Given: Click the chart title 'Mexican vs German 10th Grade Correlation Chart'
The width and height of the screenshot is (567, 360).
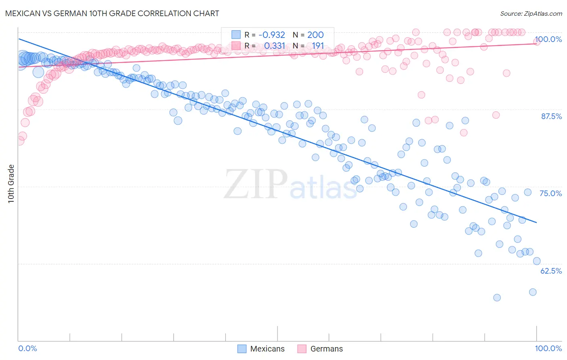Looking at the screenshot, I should click(112, 13).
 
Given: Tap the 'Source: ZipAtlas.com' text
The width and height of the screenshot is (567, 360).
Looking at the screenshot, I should click(531, 13).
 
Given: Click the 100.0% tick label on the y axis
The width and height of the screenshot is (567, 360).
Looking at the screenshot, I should click(548, 39).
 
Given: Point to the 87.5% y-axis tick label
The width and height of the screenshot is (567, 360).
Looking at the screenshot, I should click(551, 116).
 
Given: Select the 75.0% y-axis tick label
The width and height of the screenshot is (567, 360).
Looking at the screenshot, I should click(550, 193).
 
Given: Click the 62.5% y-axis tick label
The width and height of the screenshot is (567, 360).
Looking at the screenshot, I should click(551, 271).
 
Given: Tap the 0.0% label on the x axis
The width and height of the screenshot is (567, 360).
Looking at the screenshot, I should click(27, 348).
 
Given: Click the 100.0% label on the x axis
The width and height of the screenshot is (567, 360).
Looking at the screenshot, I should click(548, 348).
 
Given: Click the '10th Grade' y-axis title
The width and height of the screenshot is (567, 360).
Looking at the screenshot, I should click(11, 184).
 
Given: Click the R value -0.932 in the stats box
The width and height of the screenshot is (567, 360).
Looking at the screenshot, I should click(271, 35).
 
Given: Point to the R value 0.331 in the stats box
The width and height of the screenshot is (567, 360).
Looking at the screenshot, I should click(274, 46).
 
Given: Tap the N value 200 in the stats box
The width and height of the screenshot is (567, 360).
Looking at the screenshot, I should click(315, 35).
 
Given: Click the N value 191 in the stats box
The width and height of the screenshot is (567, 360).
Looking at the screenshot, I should click(318, 46).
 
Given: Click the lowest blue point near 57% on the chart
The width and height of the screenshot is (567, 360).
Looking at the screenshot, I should click(497, 297).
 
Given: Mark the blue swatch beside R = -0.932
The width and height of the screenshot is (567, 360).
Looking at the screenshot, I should click(236, 35).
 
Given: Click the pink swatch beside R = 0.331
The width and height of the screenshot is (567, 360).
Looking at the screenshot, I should click(236, 46).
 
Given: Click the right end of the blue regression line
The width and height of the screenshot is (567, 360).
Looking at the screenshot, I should click(536, 222).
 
